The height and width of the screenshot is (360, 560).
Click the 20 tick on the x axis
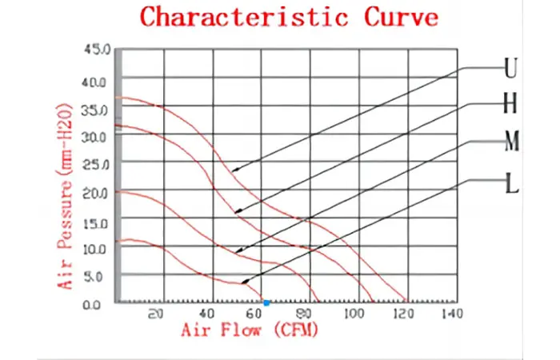click(x=157, y=314)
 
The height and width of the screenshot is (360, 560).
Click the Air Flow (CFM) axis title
click(x=250, y=330)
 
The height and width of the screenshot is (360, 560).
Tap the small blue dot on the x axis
click(x=266, y=303)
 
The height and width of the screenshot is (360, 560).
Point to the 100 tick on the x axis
click(x=353, y=314)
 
